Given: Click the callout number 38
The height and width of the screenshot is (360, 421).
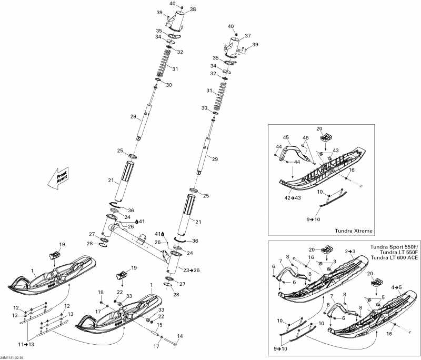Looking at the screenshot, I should click(x=193, y=9).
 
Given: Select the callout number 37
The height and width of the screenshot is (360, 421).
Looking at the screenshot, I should click(x=248, y=36).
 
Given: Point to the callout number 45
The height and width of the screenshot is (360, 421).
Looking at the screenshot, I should click(x=286, y=137).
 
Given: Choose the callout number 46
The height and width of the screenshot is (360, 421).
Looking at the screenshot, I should click(x=305, y=137).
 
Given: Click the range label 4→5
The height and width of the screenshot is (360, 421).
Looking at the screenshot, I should click(x=397, y=287).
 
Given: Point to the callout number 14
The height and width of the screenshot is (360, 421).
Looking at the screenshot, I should click(x=179, y=336).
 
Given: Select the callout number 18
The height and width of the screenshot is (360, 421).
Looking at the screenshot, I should click(x=101, y=292).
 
